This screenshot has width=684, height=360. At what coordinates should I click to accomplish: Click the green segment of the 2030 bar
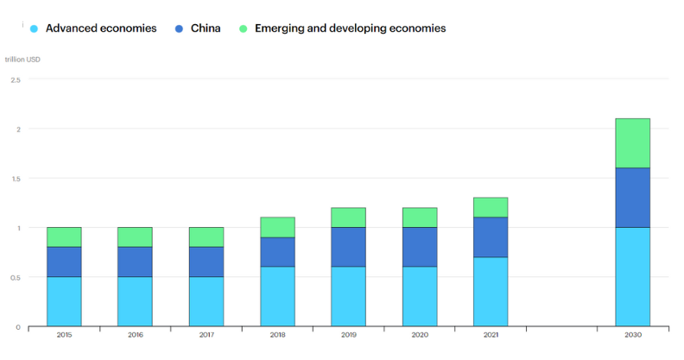click(632, 143)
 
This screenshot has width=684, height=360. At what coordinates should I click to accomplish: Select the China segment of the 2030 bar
click(632, 198)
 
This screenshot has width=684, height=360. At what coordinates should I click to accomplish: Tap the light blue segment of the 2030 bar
click(632, 277)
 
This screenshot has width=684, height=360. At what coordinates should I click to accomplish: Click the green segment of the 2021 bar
click(490, 207)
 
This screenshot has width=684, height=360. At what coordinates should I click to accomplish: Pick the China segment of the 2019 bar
click(348, 248)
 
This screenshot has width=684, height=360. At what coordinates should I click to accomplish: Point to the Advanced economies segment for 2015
click(64, 301)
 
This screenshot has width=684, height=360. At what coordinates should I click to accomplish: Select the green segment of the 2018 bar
click(277, 227)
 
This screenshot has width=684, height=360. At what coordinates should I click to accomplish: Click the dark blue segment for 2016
click(135, 262)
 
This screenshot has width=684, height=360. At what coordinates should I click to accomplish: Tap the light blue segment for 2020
click(419, 297)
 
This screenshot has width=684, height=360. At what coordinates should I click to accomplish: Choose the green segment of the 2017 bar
click(206, 237)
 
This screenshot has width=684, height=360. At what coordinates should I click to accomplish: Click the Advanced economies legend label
click(101, 28)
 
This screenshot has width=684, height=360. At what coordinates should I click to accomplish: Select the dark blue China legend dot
click(180, 28)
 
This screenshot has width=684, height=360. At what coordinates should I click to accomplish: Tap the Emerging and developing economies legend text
click(350, 28)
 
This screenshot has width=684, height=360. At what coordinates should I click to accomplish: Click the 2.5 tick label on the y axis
click(16, 79)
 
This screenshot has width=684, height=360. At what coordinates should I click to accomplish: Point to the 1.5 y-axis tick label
click(16, 179)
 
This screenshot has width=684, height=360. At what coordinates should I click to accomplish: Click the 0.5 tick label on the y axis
click(16, 278)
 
